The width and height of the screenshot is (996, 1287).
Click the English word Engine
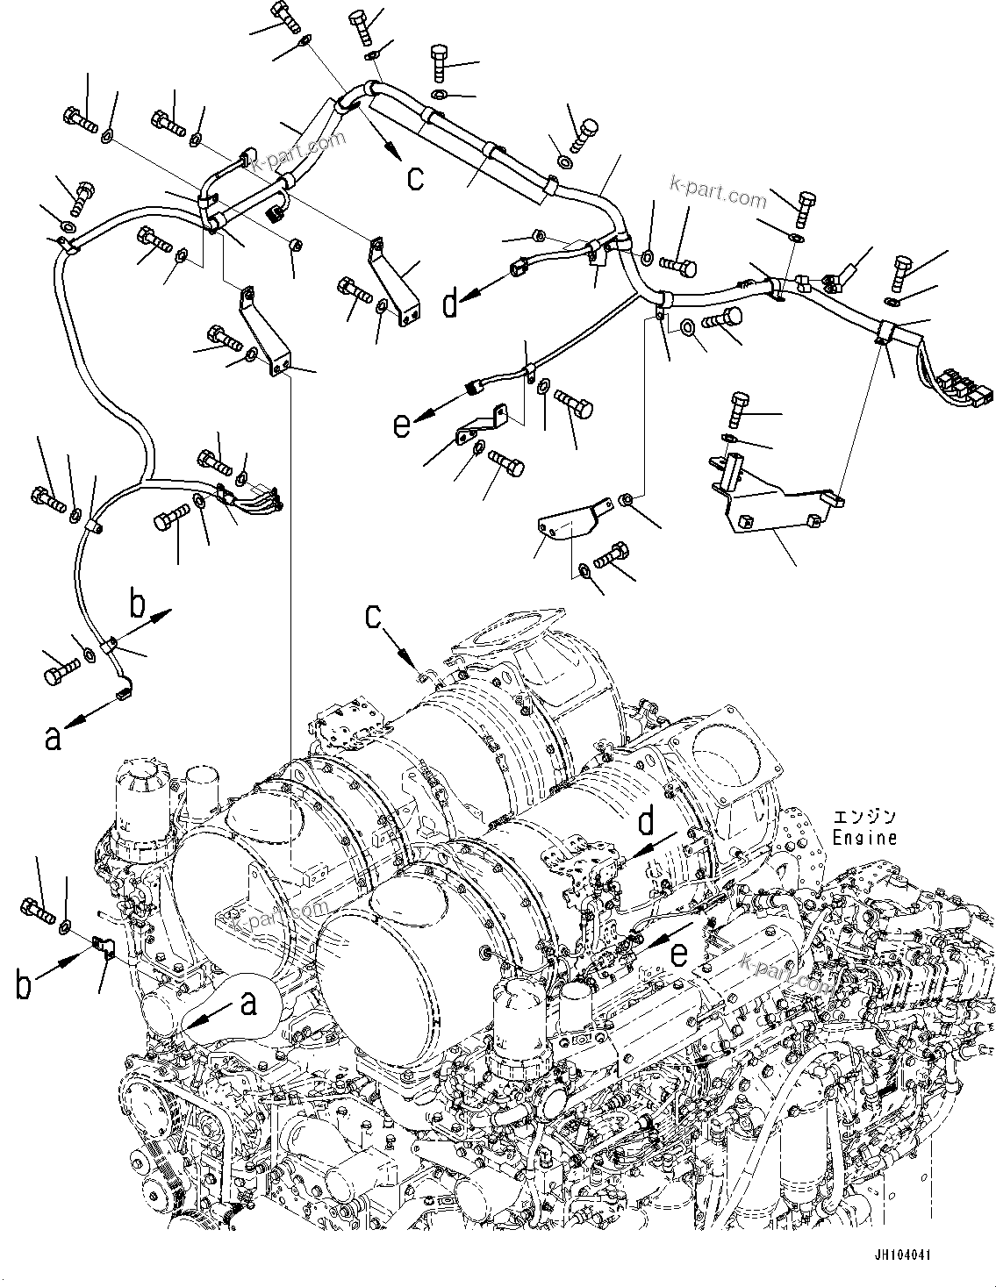point(864,838)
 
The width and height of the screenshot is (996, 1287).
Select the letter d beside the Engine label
point(647,823)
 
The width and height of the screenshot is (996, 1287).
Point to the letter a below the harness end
point(54,739)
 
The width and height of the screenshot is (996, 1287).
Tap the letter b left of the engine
point(24,984)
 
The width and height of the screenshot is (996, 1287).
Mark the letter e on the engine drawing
point(680,955)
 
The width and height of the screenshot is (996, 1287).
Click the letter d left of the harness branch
point(451,304)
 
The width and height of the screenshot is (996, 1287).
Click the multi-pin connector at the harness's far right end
point(964,388)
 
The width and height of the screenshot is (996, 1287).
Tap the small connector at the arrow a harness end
point(122,697)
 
